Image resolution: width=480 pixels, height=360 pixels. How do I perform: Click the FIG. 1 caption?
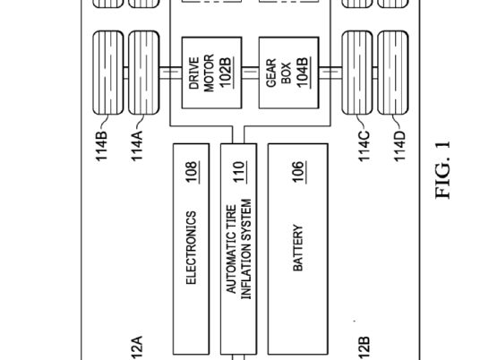pos(442,169)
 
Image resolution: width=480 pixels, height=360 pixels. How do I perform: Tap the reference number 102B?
pos(226,73)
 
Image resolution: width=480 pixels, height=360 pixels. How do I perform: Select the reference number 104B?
pos(303,73)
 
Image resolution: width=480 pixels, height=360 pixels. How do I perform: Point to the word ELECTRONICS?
pos(191,248)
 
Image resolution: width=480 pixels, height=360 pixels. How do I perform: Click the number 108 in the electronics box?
pos(192,172)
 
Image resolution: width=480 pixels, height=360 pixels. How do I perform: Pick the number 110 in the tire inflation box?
pos(239,172)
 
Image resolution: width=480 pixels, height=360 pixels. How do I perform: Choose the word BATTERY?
pos(298,248)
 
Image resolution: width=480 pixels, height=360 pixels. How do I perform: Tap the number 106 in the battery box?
pos(299,172)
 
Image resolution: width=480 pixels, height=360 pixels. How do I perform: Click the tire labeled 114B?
pos(107,73)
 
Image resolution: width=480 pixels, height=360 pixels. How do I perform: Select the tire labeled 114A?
pos(144,73)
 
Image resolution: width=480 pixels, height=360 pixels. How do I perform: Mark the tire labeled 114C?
pos(357,73)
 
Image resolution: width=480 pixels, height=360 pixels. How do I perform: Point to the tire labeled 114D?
pos(393,73)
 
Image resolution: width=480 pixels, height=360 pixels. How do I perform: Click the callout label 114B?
pos(101,146)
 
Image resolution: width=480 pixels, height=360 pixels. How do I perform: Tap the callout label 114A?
pos(137,146)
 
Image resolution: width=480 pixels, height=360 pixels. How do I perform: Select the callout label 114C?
pos(364,146)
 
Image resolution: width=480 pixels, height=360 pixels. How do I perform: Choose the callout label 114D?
pos(399,146)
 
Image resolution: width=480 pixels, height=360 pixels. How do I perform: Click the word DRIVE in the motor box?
pos(194,73)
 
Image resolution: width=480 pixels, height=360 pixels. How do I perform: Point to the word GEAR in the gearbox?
pos(271,73)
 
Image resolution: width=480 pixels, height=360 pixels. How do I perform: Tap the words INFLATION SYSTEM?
pos(246,249)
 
